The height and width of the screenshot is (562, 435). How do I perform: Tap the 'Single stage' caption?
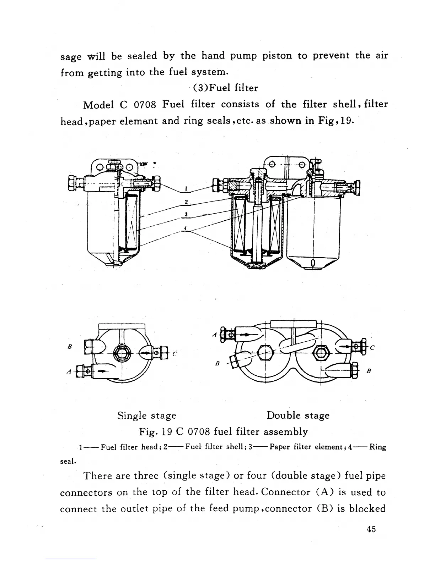click(147, 415)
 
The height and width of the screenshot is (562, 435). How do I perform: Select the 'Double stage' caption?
click(298, 415)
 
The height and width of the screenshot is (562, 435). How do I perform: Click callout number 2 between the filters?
click(186, 202)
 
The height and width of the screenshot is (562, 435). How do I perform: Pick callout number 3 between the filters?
click(186, 214)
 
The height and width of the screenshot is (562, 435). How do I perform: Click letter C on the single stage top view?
click(174, 354)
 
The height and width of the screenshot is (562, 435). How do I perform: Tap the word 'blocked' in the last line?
click(367, 509)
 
